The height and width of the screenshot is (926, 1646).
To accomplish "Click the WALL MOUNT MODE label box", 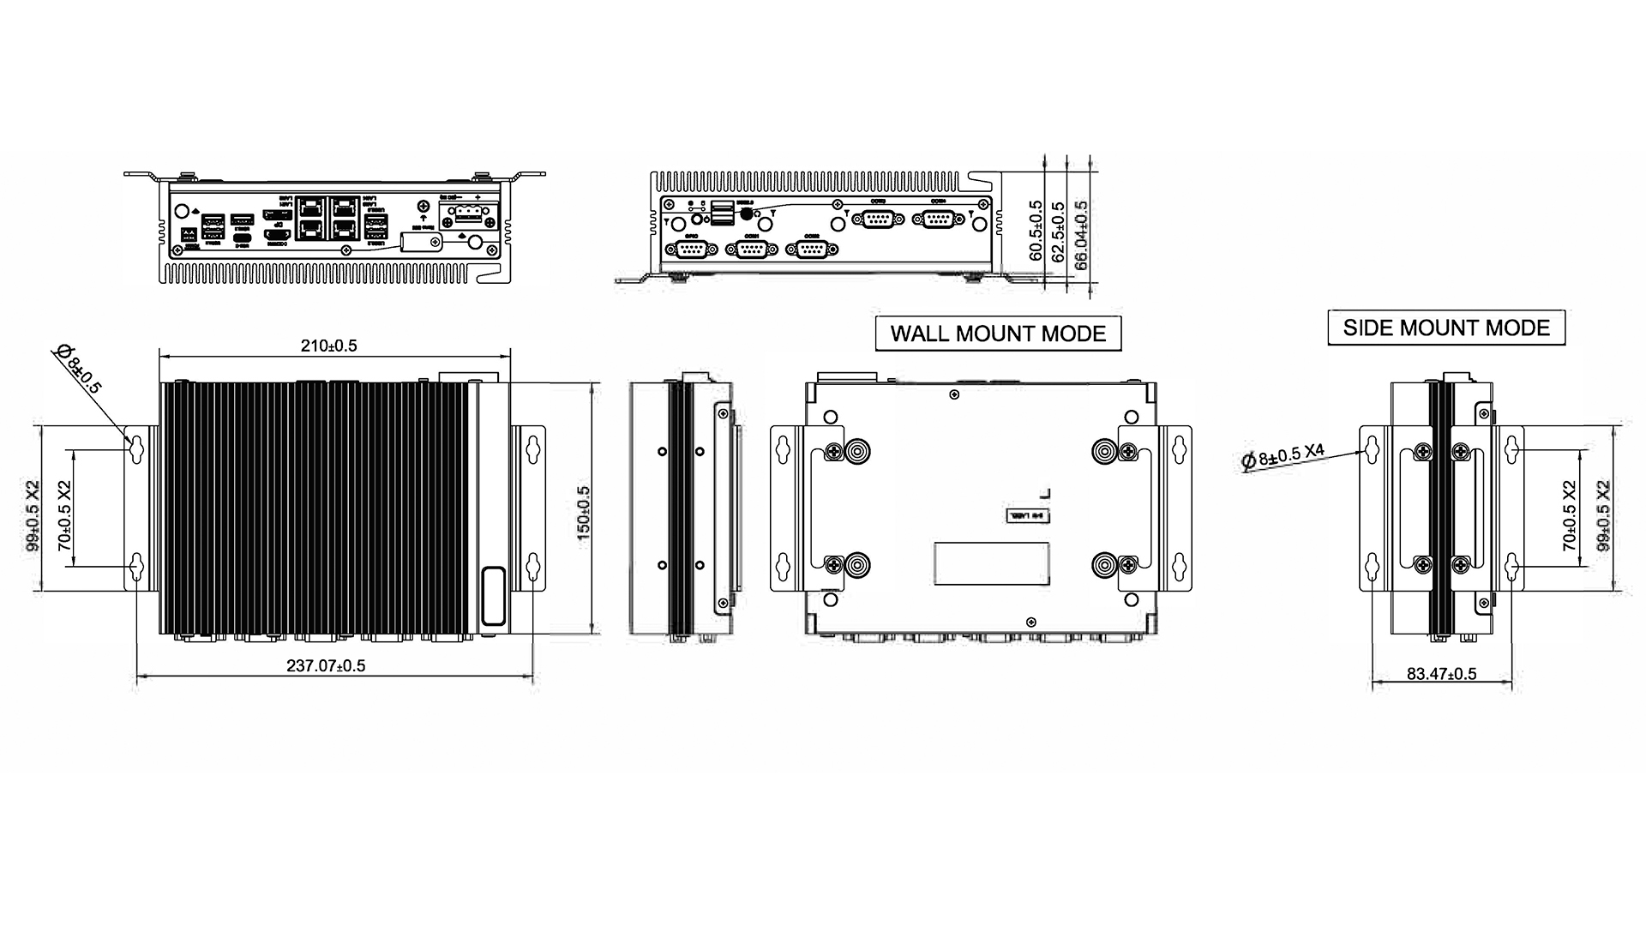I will (x=998, y=334).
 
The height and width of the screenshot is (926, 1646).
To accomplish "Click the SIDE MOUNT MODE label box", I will (x=1445, y=328).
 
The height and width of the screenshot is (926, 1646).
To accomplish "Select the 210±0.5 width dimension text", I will (x=328, y=346).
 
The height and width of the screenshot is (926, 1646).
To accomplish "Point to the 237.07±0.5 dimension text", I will (x=326, y=666).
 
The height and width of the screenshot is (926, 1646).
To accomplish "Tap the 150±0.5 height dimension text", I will (x=584, y=512).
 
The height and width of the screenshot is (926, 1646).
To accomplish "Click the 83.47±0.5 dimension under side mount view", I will (x=1441, y=674).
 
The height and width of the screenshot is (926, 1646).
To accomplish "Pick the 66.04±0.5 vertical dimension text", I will (x=1081, y=235).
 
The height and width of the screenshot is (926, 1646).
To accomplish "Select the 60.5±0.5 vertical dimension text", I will (x=1036, y=231).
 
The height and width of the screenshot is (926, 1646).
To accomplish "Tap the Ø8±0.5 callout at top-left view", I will (x=78, y=369).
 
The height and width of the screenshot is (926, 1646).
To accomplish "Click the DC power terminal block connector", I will (x=468, y=215).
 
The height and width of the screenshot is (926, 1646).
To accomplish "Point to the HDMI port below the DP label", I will (x=276, y=234).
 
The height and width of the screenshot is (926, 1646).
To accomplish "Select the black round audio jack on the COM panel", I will (x=746, y=213).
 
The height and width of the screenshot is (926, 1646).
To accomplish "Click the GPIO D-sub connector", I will (x=692, y=249).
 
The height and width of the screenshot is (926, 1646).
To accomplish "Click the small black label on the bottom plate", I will (x=1026, y=516).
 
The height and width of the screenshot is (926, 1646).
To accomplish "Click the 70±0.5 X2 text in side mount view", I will (x=1570, y=515).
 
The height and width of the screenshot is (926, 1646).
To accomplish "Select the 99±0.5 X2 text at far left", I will (x=33, y=514).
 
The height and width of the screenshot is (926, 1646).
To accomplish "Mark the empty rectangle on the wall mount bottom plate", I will (x=991, y=563).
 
